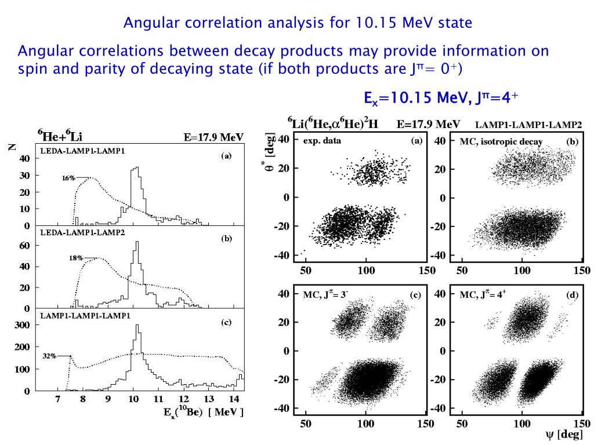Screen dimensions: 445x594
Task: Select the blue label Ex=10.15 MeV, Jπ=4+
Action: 437,99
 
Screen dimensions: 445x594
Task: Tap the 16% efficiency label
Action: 68,178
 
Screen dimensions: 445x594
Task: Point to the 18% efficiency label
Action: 76,258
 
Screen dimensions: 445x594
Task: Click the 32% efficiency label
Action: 49,356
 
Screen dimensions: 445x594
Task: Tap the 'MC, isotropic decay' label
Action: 501,141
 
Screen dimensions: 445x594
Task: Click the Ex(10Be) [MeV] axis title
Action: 202,413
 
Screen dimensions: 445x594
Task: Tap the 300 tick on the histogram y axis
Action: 22,325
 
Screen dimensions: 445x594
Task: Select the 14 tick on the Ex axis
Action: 234,400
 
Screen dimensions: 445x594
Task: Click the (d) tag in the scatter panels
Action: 573,296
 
